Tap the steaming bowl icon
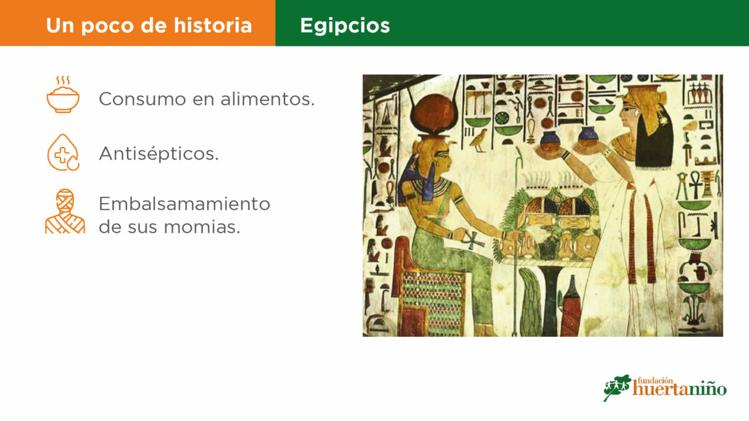coord(63,95)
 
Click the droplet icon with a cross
coord(63,153)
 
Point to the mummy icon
coord(65,211)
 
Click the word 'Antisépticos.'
coord(159,154)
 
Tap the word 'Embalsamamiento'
coord(184,203)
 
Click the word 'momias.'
coord(202,227)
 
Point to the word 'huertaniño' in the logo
coord(679,389)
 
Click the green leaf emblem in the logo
coord(617,387)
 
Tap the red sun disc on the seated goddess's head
coord(434,113)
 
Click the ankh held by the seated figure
coord(472,240)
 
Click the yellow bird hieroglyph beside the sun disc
coord(479,140)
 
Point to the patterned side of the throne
coord(432,302)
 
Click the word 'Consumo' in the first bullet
coord(142,99)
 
